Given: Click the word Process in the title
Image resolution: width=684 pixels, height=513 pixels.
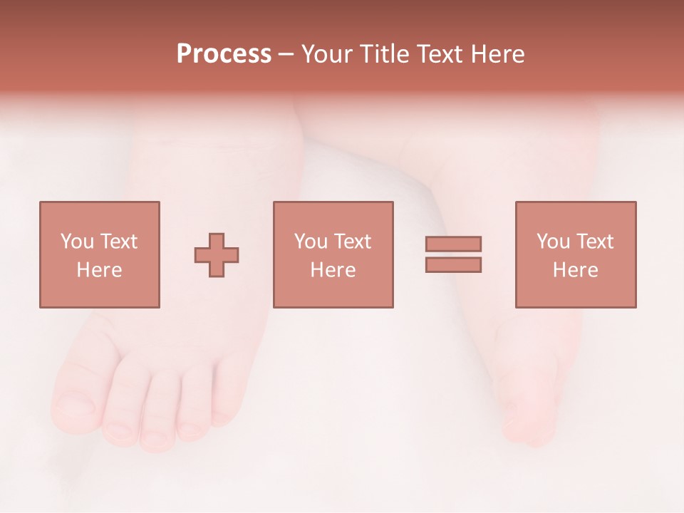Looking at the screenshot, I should pos(224,54).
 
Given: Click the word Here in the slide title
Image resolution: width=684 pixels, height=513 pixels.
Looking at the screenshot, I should pos(497,54).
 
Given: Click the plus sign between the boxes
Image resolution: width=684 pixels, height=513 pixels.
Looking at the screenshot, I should pos(217,254).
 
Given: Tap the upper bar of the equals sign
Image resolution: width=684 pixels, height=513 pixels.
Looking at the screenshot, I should pos(453,244).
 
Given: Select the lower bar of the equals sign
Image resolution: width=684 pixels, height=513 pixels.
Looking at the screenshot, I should pos(453,265).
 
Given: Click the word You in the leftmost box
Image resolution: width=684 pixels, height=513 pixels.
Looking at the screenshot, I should pos(77,242).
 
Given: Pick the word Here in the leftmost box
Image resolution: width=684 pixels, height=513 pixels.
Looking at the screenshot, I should pos(99,270).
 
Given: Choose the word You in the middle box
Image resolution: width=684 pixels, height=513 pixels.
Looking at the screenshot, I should pos(311,242).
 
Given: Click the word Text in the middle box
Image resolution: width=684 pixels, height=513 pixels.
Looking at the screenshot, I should pos(352,242).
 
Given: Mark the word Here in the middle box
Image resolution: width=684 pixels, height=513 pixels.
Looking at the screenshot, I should pos(333,270).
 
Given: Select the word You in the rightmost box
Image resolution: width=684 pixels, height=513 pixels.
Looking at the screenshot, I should pos(553,242).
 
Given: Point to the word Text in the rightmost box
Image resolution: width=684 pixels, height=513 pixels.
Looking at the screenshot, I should pos(594,242).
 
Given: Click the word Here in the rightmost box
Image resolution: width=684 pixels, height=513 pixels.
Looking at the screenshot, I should pos(575,270).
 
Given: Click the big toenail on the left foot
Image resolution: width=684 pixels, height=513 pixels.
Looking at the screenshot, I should pos(73,409).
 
